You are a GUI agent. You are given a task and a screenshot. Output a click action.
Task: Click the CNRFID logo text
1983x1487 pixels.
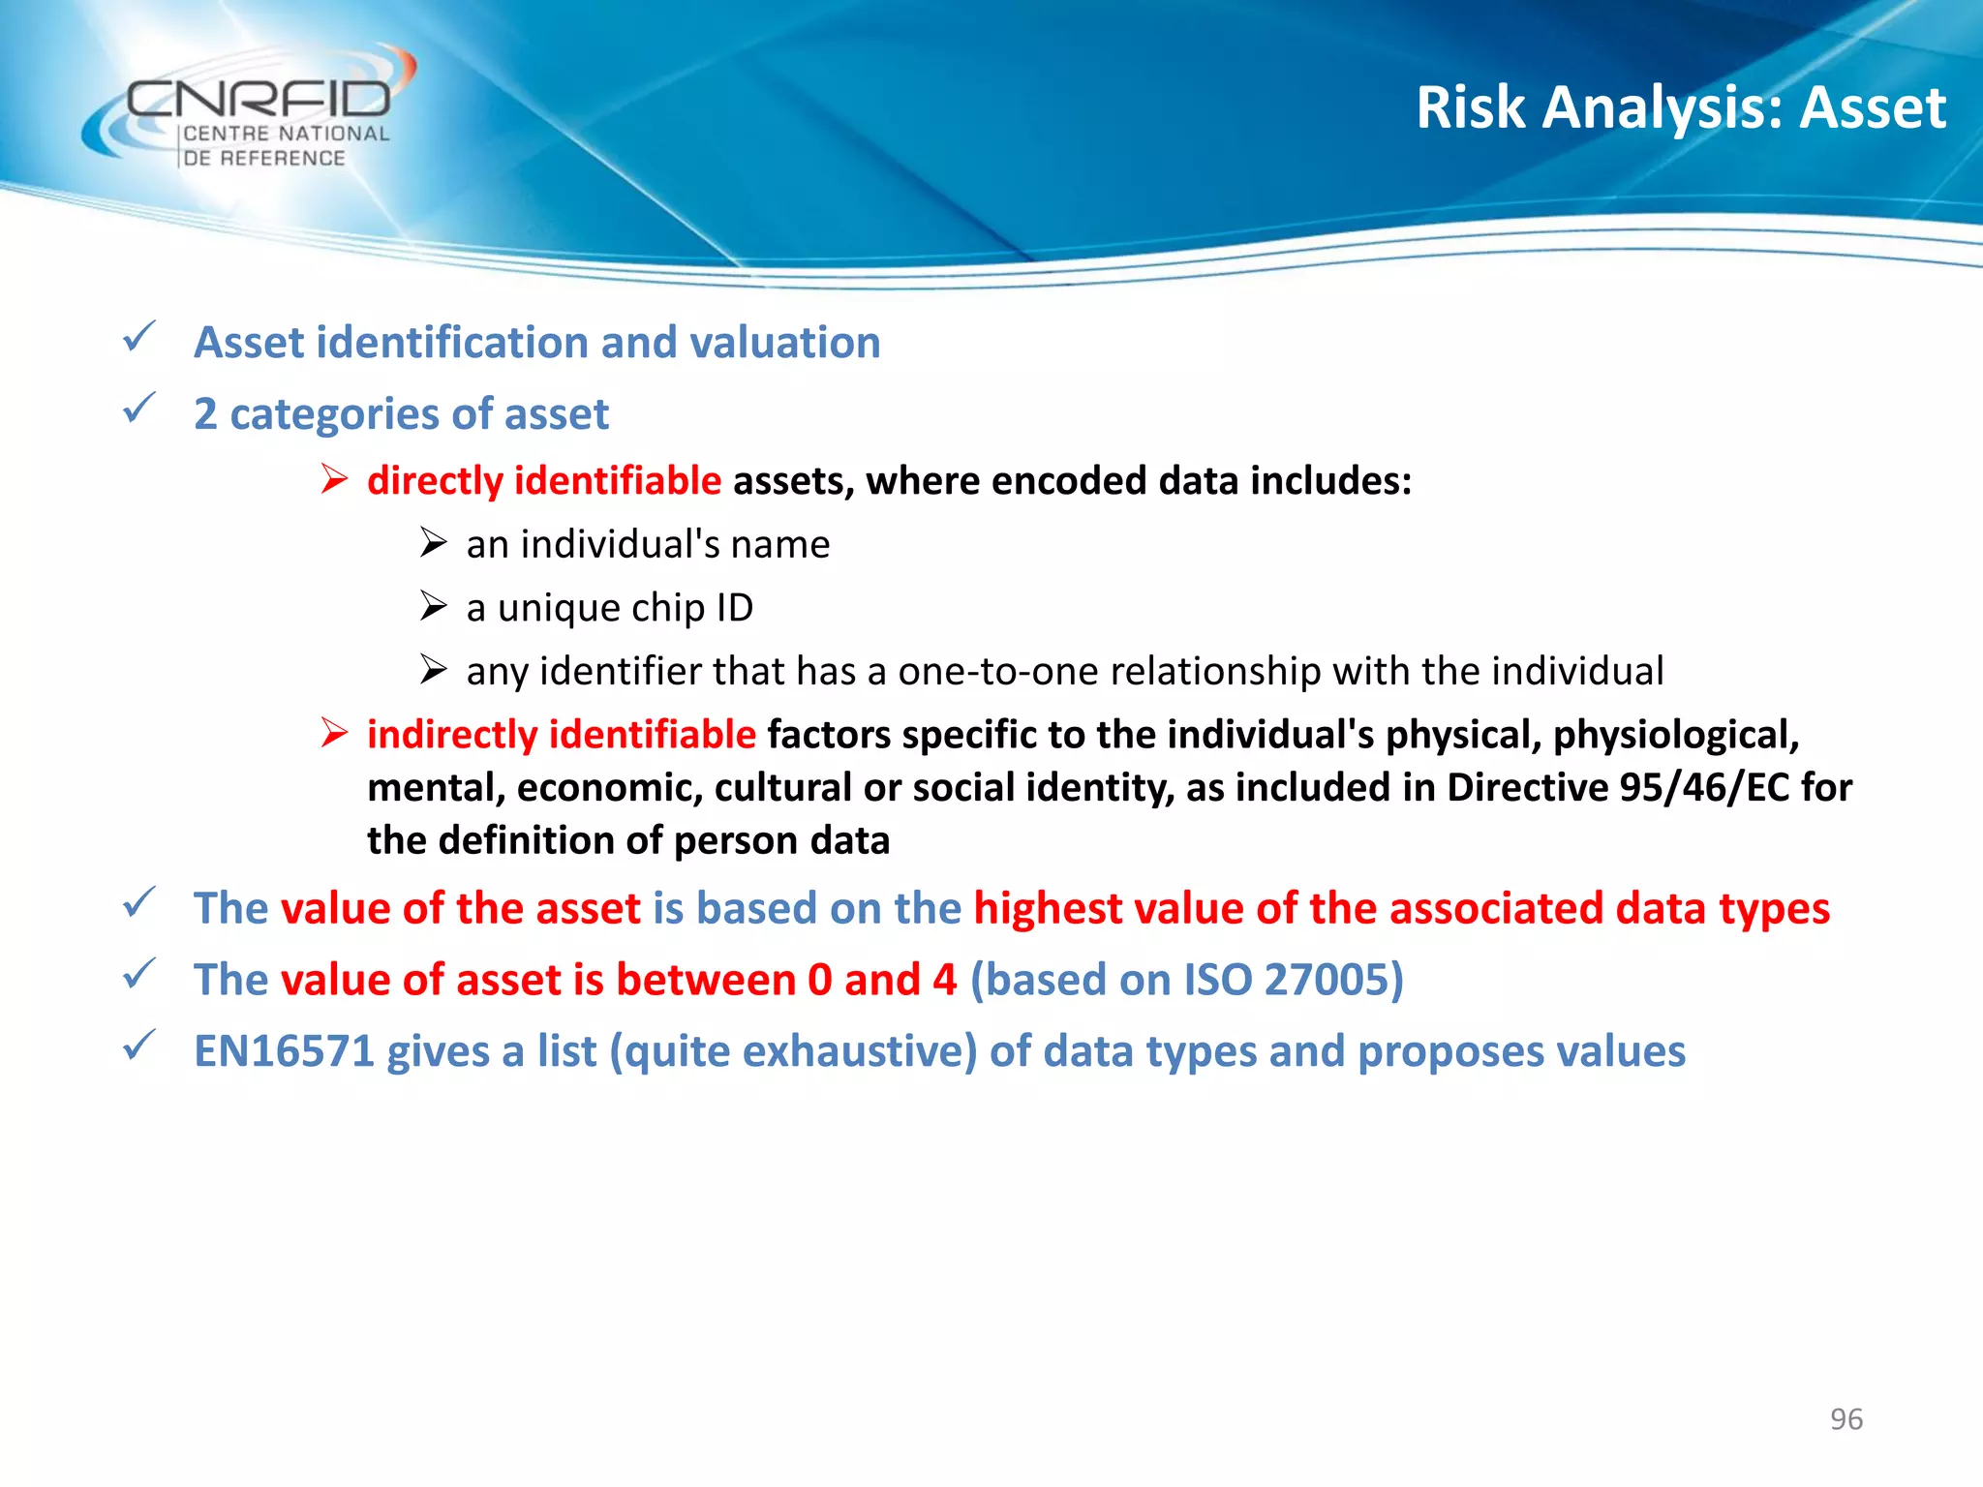tap(259, 99)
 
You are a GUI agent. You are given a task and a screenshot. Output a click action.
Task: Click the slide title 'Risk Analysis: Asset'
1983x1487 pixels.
tap(1680, 106)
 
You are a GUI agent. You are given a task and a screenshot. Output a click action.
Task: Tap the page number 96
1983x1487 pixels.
tap(1846, 1419)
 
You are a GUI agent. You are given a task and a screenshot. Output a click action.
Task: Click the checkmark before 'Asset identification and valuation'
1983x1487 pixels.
tap(139, 338)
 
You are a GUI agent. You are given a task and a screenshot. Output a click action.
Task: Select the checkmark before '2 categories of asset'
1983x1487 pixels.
tap(139, 409)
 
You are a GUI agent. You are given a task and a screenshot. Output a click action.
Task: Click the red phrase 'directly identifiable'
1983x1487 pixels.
tap(544, 481)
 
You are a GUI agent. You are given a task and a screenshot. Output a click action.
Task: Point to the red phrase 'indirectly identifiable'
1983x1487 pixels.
tap(562, 735)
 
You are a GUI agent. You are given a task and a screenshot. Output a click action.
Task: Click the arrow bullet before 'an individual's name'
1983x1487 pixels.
tap(433, 543)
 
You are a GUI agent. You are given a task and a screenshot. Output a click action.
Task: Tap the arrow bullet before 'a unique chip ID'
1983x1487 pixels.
tap(433, 607)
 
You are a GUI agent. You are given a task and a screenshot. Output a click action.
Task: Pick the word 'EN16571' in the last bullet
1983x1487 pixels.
tap(284, 1051)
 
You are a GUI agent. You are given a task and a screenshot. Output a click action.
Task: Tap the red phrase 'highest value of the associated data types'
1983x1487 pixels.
tap(1401, 909)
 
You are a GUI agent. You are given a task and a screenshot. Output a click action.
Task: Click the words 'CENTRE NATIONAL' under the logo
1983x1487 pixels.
tap(287, 135)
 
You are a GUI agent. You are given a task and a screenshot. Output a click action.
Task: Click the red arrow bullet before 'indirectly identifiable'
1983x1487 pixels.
tap(334, 734)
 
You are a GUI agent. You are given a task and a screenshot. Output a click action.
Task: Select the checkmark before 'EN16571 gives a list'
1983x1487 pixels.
tap(139, 1047)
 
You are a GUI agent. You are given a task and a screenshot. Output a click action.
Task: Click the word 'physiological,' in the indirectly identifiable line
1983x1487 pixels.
tap(1676, 735)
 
